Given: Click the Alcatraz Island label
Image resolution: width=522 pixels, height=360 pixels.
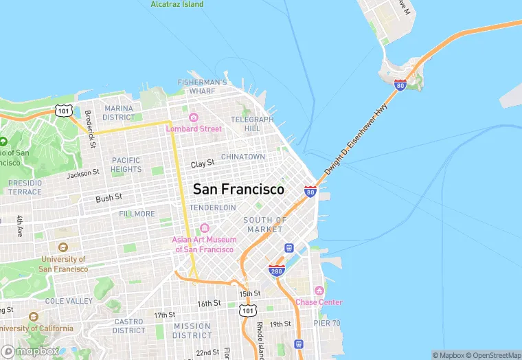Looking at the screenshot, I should [177, 4].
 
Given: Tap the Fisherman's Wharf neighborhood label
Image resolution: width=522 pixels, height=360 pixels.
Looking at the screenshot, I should [202, 87].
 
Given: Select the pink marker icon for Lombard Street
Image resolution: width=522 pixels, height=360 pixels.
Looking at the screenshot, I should [194, 117].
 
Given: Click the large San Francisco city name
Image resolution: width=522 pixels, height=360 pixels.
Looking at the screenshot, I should [238, 189].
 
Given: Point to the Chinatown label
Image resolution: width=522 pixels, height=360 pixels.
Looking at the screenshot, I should [243, 157].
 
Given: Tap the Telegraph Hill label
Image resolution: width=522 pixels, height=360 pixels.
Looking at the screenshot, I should [252, 124].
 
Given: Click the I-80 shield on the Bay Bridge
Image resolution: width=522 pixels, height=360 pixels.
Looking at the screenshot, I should [400, 85].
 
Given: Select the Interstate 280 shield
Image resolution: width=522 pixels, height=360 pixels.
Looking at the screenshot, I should [277, 271].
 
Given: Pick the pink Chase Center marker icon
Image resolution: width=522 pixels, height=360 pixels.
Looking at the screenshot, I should [318, 291].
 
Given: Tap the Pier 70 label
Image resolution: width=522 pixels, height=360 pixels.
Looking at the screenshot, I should [328, 323].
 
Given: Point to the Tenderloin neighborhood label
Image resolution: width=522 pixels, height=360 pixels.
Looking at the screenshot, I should [212, 207].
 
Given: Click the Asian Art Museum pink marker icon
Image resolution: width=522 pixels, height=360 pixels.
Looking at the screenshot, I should [204, 228].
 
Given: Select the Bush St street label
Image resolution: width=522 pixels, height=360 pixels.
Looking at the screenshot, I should [109, 197].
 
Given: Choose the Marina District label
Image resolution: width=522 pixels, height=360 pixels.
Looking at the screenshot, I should [118, 113].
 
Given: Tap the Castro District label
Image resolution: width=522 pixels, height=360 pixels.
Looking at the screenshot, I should [128, 326].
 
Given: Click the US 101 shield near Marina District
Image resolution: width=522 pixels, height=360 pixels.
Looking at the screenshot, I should [63, 110].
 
